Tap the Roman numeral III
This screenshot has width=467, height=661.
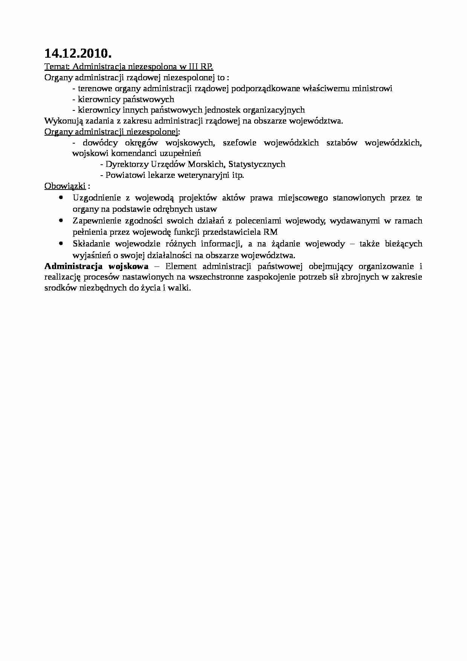tap(195, 67)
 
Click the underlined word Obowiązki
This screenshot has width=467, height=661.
tap(65, 186)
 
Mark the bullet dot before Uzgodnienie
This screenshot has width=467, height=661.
tap(61, 197)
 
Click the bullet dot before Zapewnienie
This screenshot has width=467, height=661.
tap(61, 220)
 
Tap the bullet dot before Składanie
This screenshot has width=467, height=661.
tap(61, 243)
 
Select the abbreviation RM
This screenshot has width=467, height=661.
tap(271, 232)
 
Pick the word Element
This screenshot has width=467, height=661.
tap(181, 266)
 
